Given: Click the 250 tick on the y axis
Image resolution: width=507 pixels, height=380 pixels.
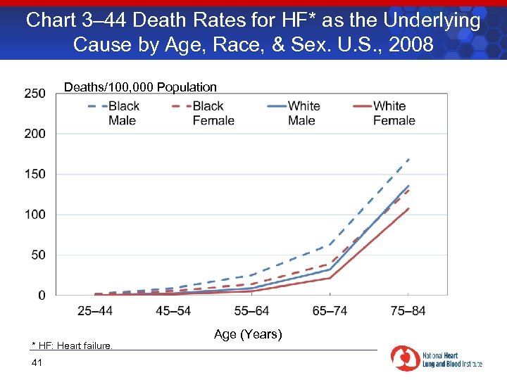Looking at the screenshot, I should click(x=35, y=93).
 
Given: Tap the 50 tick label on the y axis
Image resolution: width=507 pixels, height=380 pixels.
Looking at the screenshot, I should click(x=37, y=255).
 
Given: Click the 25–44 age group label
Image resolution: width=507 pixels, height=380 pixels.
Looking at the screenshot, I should click(x=95, y=311).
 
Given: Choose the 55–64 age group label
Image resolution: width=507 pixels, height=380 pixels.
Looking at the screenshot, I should click(x=251, y=311).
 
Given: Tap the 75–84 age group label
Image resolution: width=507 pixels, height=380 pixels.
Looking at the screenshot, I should click(x=408, y=311).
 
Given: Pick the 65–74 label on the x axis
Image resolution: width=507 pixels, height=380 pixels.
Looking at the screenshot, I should click(x=330, y=311).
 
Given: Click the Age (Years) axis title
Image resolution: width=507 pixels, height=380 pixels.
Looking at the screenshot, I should click(x=248, y=334).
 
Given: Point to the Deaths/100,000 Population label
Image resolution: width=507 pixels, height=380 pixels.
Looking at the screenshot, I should click(x=140, y=87).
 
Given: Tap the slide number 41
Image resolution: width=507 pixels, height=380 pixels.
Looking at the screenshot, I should click(x=37, y=362).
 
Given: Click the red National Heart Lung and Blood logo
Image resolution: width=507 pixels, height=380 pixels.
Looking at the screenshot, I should click(x=405, y=358).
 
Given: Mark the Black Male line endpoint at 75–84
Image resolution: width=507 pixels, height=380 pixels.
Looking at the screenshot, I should click(x=408, y=159).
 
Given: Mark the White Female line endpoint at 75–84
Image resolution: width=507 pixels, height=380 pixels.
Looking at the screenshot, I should click(x=408, y=208).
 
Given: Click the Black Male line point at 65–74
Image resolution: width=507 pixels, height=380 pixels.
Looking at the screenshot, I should click(x=330, y=244).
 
